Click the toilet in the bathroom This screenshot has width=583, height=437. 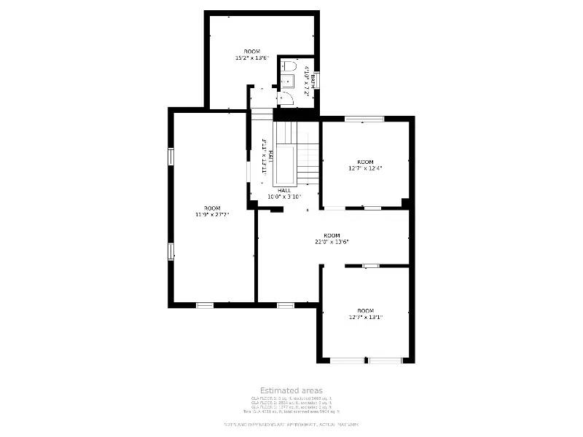coord(289,67)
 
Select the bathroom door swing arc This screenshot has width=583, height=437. coord(286,98)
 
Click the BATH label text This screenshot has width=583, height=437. coord(313,78)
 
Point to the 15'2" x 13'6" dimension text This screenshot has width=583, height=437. coord(251,58)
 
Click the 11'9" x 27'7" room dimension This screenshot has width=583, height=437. coord(211,215)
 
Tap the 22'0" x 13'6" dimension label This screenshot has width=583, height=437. coord(332,242)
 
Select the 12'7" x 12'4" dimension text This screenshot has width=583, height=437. coord(365,168)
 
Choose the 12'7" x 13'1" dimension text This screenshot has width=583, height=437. coord(365,317)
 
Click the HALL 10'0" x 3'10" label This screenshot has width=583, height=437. coord(283,196)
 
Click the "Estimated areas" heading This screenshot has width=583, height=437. coord(291,391)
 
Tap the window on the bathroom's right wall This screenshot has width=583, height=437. coord(317,79)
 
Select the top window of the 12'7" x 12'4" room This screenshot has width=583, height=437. coord(364,119)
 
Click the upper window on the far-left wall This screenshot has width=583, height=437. coord(171,157)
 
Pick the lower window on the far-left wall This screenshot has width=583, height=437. coord(171,251)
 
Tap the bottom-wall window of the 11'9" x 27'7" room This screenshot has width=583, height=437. coord(205,304)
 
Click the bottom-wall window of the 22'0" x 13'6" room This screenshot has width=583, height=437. coord(285,304)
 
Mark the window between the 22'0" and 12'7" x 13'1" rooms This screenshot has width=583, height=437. coord(371,266)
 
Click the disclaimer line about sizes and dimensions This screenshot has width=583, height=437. coord(291,424)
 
